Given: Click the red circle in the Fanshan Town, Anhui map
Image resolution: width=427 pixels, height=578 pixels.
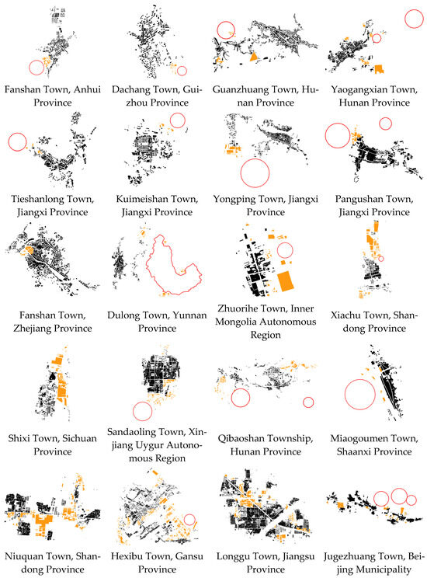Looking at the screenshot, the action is [x=29, y=68].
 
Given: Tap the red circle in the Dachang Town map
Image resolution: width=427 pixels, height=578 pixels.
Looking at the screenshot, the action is [x=177, y=71].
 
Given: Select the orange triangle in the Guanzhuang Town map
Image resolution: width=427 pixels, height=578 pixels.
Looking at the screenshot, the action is [x=253, y=57].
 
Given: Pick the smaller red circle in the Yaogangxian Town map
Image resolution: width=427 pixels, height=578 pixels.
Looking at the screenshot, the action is [x=372, y=38].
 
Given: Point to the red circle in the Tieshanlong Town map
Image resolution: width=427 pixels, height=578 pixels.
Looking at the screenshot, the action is [x=8, y=142].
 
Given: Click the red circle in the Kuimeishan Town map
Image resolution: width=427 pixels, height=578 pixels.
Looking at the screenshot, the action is [x=170, y=120].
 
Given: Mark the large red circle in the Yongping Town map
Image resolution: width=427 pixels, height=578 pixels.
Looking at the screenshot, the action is [x=241, y=173].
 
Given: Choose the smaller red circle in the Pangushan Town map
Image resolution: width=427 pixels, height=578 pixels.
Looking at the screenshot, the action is [x=379, y=124].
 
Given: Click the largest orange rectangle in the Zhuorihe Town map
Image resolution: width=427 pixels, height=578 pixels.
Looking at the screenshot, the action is [x=285, y=281].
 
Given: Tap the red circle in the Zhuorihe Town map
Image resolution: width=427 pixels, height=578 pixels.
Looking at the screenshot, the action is [x=277, y=250].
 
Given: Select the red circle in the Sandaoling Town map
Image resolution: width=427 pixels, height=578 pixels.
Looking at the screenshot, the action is [x=133, y=411].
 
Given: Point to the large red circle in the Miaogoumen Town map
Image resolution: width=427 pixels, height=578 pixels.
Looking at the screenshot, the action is [x=345, y=395].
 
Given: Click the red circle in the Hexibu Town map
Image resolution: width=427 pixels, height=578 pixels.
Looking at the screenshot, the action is [x=184, y=520].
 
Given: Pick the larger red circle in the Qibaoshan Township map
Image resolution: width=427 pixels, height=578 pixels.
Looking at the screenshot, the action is [x=231, y=398].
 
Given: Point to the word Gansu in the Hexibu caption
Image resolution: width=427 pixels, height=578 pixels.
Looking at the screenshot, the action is [x=189, y=556].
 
